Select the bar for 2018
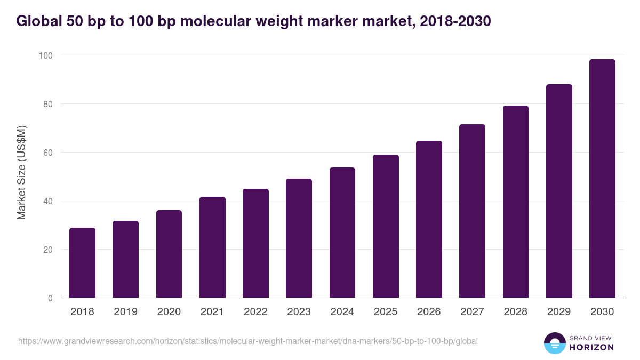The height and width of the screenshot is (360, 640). (82, 263)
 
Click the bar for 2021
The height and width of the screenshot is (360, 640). (212, 247)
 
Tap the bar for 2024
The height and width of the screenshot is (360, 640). (342, 233)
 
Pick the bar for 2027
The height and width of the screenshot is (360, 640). (473, 211)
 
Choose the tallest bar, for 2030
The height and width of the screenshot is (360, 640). (602, 179)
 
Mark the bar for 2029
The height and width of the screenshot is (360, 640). (559, 191)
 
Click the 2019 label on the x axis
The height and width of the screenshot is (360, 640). (126, 312)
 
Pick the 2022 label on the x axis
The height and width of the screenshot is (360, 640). (255, 312)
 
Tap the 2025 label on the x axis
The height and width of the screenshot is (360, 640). (386, 312)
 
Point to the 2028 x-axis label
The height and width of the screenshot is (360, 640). (516, 312)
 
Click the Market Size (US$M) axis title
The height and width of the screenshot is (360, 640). (21, 172)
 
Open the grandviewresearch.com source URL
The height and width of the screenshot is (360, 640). (247, 341)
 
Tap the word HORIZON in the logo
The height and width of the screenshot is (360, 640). (592, 347)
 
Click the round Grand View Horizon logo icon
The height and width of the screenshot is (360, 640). (555, 343)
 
